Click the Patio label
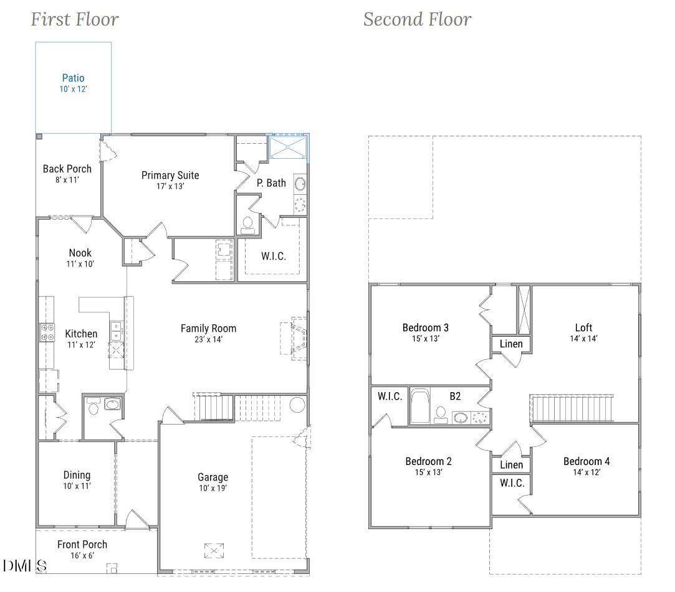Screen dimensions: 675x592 [73, 78]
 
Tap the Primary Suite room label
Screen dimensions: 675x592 [170, 176]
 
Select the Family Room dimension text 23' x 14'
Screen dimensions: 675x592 [208, 339]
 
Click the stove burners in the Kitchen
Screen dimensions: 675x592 [47, 332]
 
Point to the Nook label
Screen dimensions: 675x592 [80, 253]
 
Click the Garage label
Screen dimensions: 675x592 [213, 477]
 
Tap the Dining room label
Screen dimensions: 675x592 [77, 475]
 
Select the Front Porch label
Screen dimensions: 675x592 [82, 544]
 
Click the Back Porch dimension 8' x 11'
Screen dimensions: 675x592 [67, 180]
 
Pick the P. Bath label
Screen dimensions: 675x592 [271, 183]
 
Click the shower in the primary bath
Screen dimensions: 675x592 [287, 147]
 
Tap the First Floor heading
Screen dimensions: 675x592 [74, 19]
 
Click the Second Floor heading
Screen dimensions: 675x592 [417, 19]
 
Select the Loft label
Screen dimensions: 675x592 [583, 327]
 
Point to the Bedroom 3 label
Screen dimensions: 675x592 [425, 327]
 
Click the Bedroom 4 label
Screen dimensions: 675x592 [586, 461]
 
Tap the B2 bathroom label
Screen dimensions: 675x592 [455, 396]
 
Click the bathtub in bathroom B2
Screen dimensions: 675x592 [419, 406]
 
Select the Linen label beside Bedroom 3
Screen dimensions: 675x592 [511, 344]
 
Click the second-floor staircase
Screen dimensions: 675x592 [572, 408]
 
